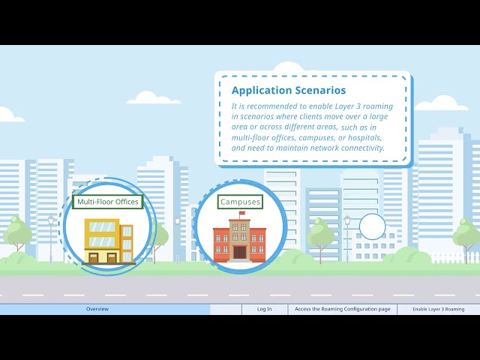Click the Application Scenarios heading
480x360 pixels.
[289, 90]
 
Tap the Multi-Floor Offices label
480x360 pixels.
[108, 202]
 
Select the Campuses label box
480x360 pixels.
[240, 202]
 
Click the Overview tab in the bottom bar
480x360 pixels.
[97, 309]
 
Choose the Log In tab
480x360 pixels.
[265, 309]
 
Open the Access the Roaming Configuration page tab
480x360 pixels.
[343, 309]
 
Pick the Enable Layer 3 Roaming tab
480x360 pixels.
[438, 309]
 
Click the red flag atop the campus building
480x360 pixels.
[242, 213]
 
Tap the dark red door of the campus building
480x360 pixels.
[240, 253]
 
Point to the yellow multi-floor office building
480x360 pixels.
[109, 241]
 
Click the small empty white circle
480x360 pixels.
[372, 226]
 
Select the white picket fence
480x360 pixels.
[455, 258]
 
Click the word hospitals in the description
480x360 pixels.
[365, 138]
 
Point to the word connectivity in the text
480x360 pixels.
[363, 148]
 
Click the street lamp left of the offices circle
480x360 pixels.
[51, 238]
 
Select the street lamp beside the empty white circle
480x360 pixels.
[347, 239]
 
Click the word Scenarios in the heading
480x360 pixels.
[320, 90]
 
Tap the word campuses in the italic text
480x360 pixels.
[317, 138]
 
